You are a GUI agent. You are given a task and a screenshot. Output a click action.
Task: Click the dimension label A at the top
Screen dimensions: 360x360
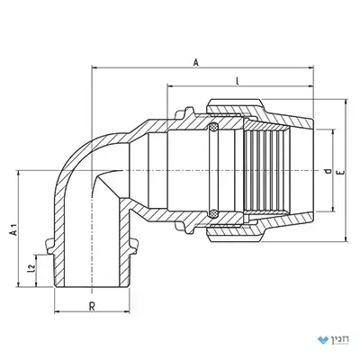pos(196,63)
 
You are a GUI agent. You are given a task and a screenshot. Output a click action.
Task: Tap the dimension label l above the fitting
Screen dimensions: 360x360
pos(238,81)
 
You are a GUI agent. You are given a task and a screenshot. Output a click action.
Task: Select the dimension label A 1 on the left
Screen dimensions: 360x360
pos(13,229)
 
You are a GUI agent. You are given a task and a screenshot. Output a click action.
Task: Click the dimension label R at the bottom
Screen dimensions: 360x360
pos(93,307)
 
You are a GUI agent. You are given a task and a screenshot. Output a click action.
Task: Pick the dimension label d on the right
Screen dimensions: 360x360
pos(328,172)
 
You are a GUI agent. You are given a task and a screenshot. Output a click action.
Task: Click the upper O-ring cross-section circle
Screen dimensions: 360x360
pos(213,127)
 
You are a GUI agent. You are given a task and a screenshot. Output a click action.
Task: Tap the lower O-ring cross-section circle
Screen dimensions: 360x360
pos(213,213)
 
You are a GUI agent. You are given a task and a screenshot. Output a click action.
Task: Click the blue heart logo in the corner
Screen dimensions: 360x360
pos(322,340)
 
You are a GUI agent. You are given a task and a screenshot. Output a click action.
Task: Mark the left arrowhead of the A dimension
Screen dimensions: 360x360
pos(94,68)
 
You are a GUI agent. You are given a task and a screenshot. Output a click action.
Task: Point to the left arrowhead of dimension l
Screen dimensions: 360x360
pos(170,86)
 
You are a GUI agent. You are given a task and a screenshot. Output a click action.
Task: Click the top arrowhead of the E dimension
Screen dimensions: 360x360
pos(346,103)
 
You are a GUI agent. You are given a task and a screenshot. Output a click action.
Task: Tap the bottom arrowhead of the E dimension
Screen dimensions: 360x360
pos(346,238)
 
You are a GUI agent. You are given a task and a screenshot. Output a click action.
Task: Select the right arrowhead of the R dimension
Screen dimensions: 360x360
pos(127,312)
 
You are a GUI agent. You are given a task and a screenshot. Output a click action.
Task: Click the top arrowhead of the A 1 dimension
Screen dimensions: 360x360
pos(19,174)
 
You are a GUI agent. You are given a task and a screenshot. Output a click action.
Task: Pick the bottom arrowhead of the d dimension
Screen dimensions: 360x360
pos(333,210)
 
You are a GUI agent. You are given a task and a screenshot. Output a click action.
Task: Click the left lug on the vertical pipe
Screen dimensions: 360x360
pos(49,246)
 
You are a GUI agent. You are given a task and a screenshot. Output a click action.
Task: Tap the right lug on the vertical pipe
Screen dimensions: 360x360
pos(134,246)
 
